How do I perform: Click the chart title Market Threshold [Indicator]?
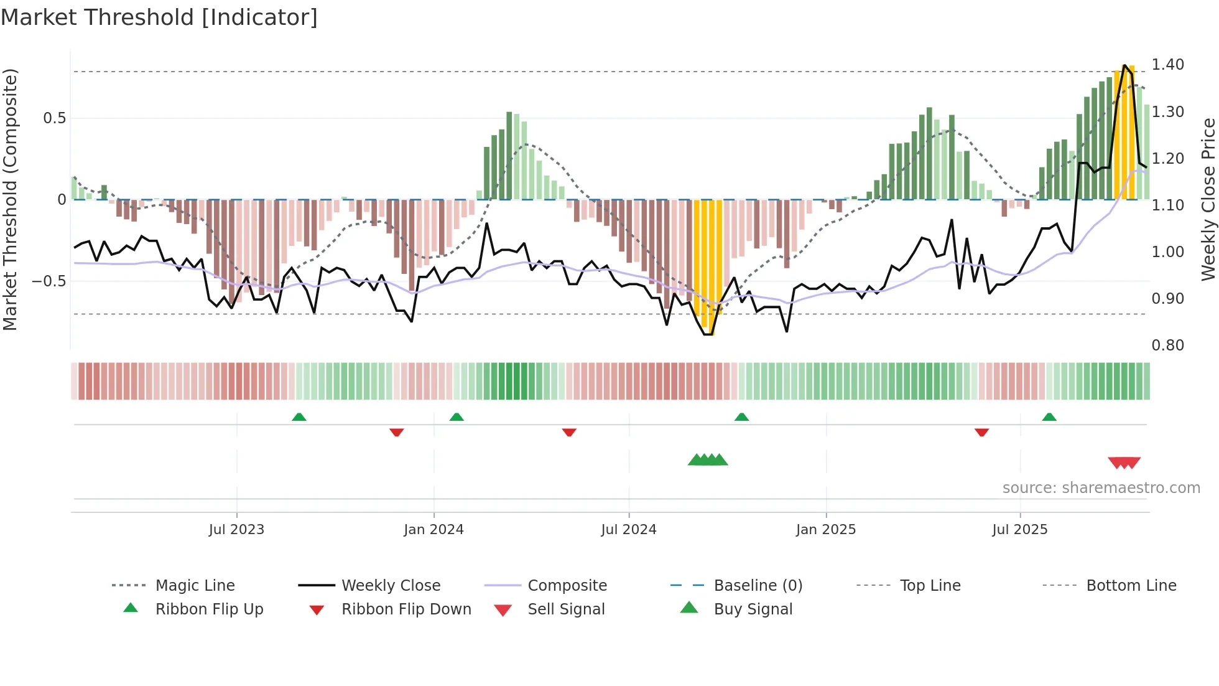tap(159, 17)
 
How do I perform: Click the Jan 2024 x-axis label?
tap(433, 530)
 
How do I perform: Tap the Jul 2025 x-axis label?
tap(1019, 530)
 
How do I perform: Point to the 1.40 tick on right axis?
tap(1167, 65)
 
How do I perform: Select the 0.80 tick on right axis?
tap(1167, 345)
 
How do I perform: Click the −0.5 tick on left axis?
tap(49, 281)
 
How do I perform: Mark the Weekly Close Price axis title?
tap(1208, 199)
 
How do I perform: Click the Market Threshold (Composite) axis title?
tap(10, 199)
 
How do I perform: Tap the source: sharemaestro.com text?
tap(1101, 488)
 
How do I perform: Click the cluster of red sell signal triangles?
tap(1124, 463)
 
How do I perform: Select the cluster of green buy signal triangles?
tap(708, 460)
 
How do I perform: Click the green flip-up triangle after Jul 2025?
tap(1049, 417)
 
